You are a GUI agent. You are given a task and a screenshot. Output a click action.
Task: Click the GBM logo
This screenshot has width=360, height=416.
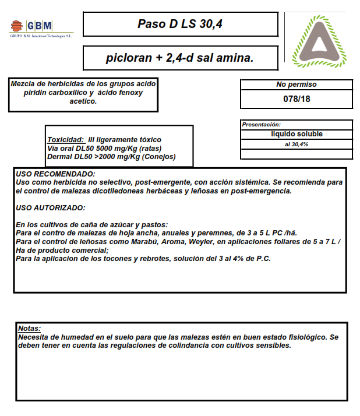[31, 26]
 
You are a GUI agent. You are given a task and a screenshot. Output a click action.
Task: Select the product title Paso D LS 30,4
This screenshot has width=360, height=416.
[180, 24]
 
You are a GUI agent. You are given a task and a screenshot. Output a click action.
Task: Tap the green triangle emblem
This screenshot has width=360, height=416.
[319, 41]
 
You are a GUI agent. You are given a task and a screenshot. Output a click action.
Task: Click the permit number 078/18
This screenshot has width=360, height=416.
[297, 98]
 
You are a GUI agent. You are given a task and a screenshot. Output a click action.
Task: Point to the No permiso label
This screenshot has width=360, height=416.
[297, 84]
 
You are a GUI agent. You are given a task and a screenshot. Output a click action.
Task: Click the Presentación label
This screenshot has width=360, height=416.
[262, 125]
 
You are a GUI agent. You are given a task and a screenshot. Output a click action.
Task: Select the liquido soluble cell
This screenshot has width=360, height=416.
[297, 134]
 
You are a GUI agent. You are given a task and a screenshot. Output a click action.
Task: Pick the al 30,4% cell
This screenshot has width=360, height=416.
[297, 144]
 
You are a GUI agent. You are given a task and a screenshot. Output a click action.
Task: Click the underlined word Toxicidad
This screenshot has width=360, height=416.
[65, 140]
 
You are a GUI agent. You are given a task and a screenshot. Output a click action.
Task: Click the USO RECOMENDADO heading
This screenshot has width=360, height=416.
[55, 174]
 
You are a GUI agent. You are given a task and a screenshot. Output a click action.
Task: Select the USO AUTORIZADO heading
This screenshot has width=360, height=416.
[51, 208]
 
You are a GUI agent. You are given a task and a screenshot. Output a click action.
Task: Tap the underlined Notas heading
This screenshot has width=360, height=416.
[30, 329]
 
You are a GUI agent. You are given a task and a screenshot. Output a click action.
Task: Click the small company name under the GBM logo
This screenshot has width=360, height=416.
[41, 36]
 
